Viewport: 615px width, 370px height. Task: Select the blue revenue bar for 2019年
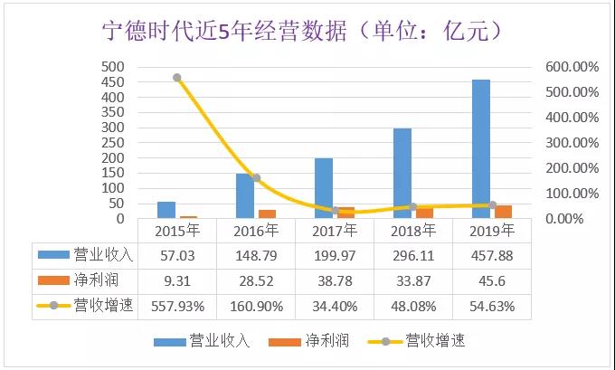pos(481,148)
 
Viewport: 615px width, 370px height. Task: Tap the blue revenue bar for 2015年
pos(166,210)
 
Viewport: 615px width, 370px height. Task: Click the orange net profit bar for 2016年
pos(267,213)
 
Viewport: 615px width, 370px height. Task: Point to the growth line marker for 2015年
pos(177,78)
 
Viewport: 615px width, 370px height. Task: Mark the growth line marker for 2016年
pos(256,178)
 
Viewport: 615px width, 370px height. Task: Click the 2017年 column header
pos(335,232)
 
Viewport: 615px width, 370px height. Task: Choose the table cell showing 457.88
pos(492,255)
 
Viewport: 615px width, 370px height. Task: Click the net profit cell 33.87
pos(413,280)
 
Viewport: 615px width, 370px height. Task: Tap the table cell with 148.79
pos(255,255)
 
